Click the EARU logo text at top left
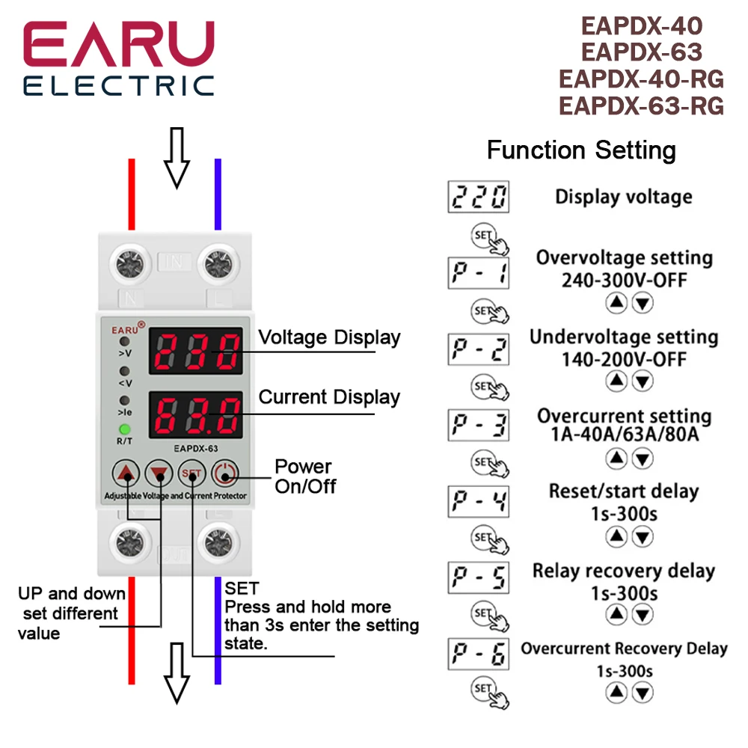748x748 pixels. (x=118, y=45)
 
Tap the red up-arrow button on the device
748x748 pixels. (x=128, y=473)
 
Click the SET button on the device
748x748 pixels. (x=192, y=473)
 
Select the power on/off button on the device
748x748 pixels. (x=224, y=473)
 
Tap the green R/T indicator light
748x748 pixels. (x=125, y=429)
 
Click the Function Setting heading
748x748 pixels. (x=581, y=150)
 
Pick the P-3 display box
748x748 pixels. (x=478, y=426)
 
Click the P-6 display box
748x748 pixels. (x=478, y=654)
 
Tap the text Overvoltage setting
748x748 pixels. (x=624, y=258)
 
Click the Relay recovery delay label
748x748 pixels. (x=624, y=571)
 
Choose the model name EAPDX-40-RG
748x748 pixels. (x=641, y=79)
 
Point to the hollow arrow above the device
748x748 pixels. (x=177, y=156)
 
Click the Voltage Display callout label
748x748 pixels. (x=329, y=337)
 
